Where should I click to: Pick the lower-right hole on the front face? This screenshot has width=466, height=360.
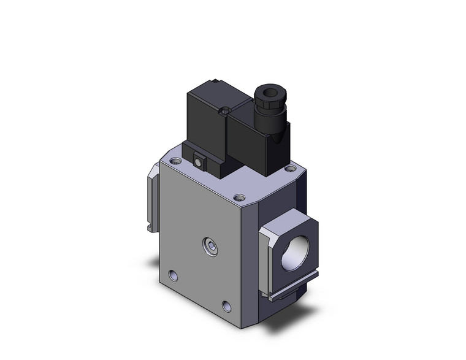[227, 305]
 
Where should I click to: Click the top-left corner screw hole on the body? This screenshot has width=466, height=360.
[177, 161]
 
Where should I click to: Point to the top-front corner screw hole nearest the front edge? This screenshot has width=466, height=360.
[240, 198]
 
